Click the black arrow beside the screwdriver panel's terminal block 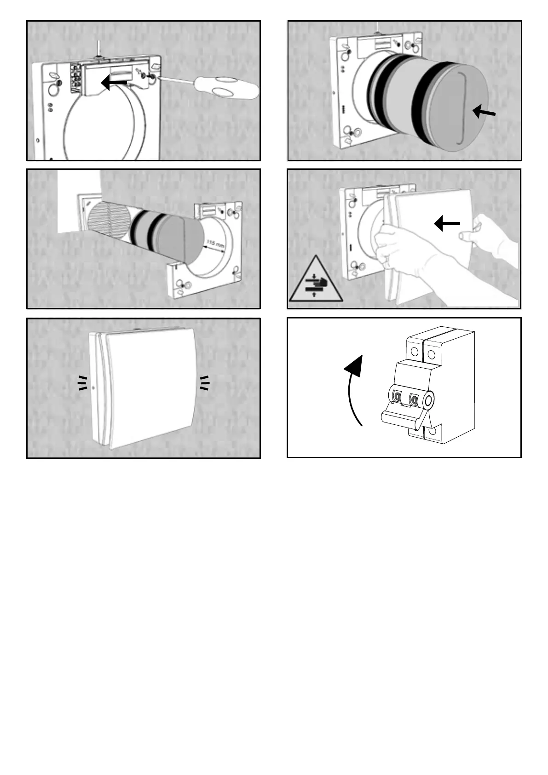pos(113,83)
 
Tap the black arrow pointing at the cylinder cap pos(485,111)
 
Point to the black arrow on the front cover pos(447,224)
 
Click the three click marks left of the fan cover pos(82,382)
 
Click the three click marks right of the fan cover pos(204,382)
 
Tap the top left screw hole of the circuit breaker pos(414,353)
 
